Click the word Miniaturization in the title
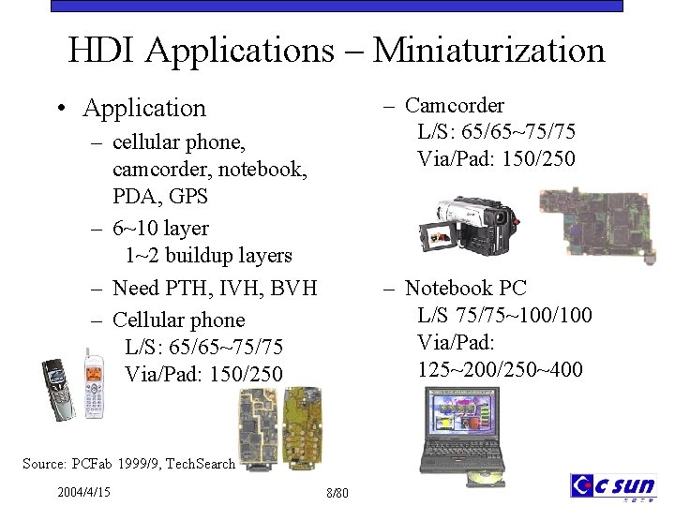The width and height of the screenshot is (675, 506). pyautogui.click(x=488, y=51)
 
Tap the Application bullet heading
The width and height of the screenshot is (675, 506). pyautogui.click(x=144, y=109)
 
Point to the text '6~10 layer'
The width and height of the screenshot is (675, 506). pyautogui.click(x=160, y=229)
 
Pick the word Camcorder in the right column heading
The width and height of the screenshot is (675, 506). pyautogui.click(x=455, y=106)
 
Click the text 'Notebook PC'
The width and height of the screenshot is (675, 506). pyautogui.click(x=466, y=289)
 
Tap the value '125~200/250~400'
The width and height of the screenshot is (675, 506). pyautogui.click(x=500, y=370)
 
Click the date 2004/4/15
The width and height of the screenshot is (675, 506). pyautogui.click(x=83, y=492)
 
